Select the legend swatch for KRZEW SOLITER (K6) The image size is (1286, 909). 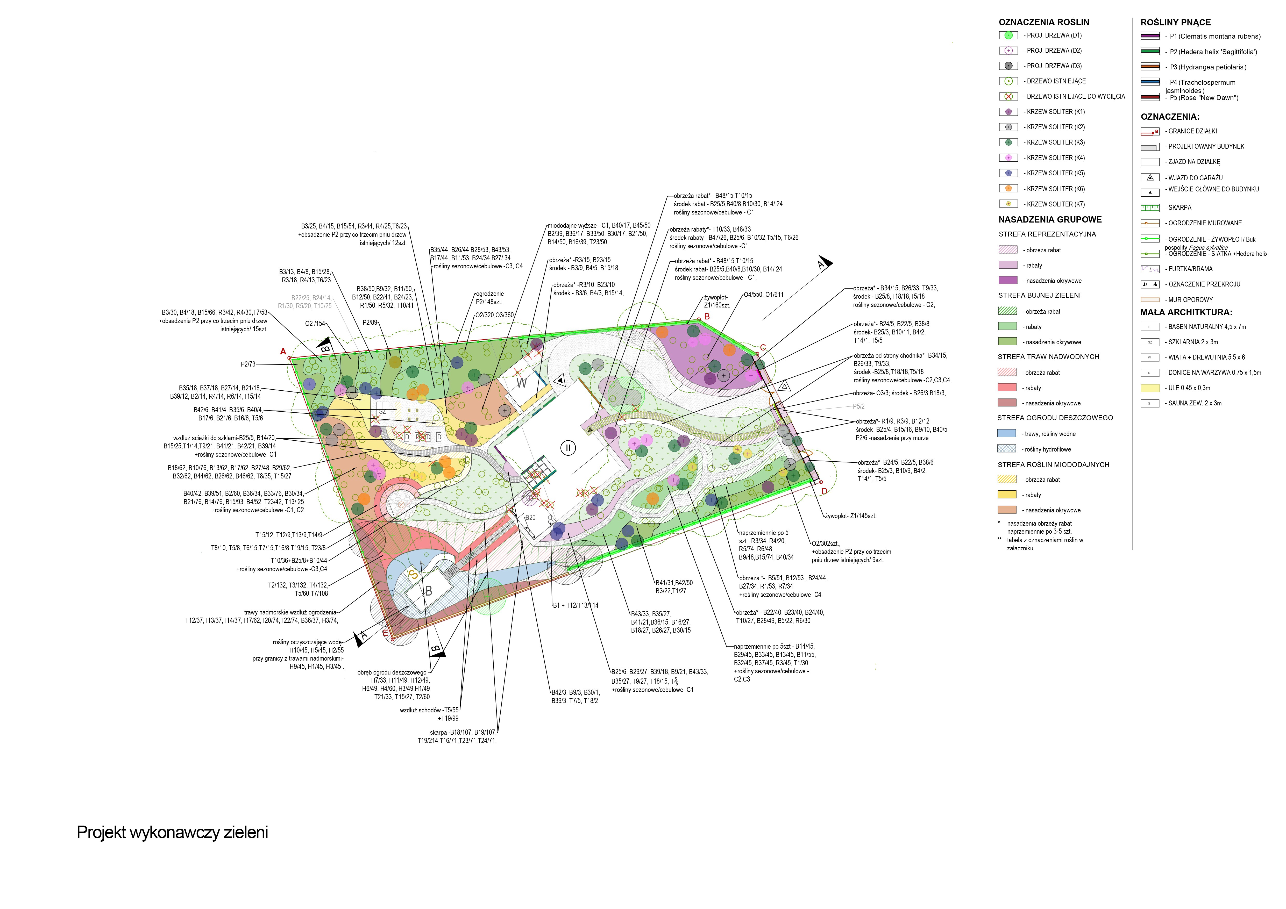[1008, 189]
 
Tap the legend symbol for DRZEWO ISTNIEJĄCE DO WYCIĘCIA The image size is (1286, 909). [1008, 96]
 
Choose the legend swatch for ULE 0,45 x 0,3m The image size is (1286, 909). [1150, 388]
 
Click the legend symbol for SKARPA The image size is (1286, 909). [1150, 208]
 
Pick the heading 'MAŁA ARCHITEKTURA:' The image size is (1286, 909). [1186, 312]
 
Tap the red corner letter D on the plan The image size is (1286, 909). [824, 491]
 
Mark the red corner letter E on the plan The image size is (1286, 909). [385, 633]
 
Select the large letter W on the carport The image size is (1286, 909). [521, 383]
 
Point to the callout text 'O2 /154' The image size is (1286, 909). [315, 324]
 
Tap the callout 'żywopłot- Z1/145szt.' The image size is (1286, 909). [850, 516]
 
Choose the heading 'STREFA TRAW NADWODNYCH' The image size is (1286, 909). [1048, 357]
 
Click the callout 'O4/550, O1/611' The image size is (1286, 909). [763, 295]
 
